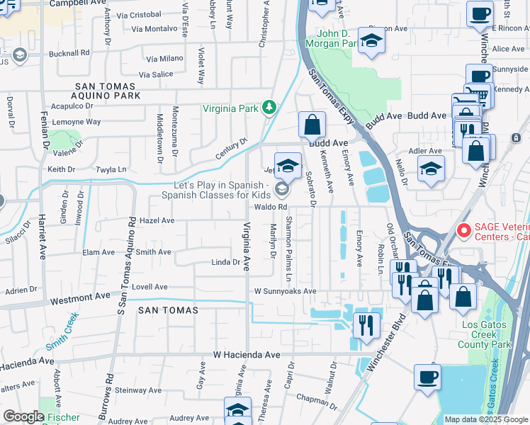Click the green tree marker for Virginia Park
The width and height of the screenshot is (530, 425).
[x=269, y=108]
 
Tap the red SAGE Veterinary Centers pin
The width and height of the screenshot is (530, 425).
[x=464, y=230]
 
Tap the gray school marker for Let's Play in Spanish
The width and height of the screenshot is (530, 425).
[x=282, y=189]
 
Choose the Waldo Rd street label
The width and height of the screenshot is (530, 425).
[x=271, y=207]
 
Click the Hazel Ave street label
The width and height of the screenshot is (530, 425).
[x=157, y=220]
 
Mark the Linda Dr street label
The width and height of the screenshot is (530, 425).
[x=226, y=262]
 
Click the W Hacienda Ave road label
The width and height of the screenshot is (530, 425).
[x=247, y=354]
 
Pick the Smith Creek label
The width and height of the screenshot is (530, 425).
[x=62, y=336]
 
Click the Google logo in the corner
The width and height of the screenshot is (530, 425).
[x=23, y=416]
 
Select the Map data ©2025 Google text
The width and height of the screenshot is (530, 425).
[x=485, y=419]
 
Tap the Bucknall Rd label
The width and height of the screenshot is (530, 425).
[x=69, y=52]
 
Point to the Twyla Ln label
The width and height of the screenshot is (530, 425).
[x=111, y=170]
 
